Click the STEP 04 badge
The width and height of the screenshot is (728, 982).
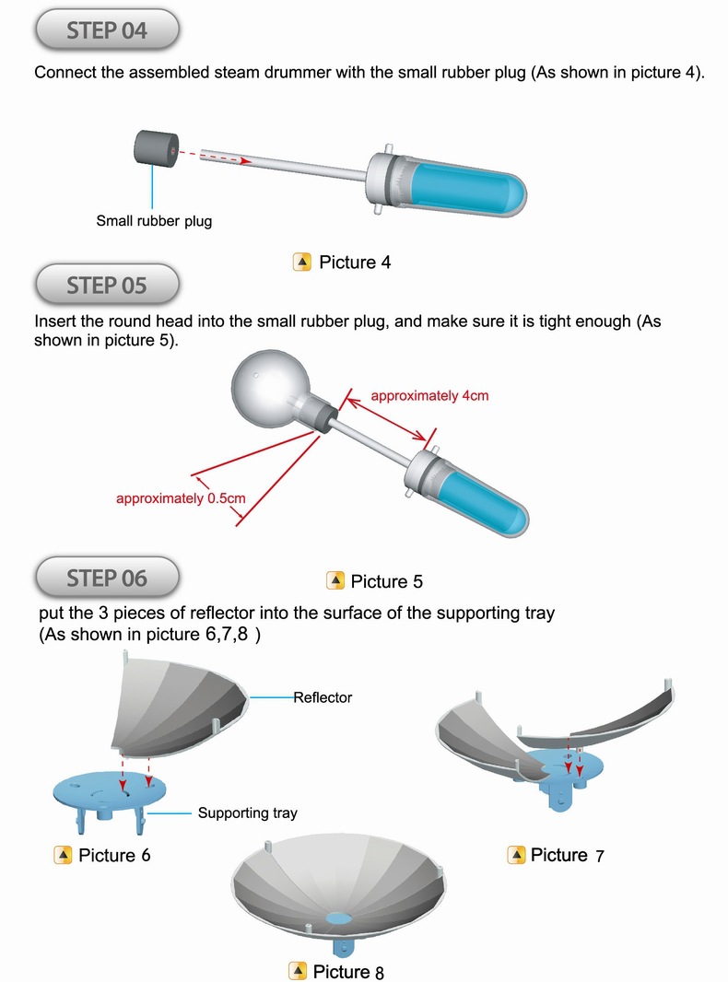click(106, 30)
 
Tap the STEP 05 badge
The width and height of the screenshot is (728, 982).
click(106, 286)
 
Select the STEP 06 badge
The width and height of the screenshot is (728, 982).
click(106, 578)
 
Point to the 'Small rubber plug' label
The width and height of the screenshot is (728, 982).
click(154, 221)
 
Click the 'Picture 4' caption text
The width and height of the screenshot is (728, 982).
click(355, 263)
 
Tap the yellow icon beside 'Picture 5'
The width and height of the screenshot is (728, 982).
click(336, 581)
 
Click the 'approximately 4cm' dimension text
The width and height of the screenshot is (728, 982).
click(429, 396)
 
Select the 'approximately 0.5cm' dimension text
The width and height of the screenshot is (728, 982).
click(181, 498)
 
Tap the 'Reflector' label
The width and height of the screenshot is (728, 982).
click(323, 697)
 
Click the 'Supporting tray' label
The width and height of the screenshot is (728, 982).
click(247, 813)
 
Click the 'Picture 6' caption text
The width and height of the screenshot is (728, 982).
click(114, 856)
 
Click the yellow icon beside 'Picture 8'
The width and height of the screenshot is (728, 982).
click(298, 971)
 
